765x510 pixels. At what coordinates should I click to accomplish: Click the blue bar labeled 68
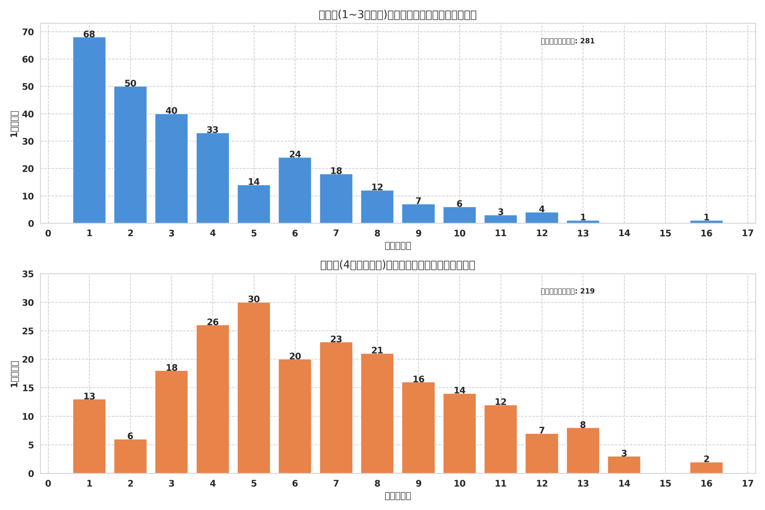pos(89,130)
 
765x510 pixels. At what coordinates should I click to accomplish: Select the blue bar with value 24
pos(295,190)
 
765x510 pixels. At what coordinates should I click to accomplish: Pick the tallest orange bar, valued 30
pos(254,388)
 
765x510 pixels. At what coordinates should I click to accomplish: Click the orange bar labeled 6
pos(130,456)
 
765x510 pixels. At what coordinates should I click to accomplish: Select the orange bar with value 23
pos(336,408)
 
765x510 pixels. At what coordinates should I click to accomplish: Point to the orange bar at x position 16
pos(706,468)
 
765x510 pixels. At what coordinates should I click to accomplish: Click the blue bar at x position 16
pos(706,222)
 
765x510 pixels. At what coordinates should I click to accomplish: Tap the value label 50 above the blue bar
pos(130,84)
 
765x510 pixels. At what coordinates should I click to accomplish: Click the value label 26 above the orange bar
pos(212,322)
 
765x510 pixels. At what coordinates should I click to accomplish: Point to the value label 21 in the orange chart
pos(377,350)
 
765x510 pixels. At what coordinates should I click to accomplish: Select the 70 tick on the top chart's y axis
pos(28,32)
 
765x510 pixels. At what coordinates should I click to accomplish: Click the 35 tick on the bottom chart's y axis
pos(28,274)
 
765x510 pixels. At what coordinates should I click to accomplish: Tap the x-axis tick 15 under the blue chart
pos(665,233)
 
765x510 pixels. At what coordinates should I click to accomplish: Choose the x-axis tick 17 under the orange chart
pos(747,483)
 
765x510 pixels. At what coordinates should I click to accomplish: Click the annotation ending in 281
pos(567,41)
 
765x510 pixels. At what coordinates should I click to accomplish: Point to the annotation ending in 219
pos(567,291)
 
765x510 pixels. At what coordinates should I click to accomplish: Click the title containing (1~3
pos(397,15)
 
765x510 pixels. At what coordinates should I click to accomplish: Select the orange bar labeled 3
pos(624,465)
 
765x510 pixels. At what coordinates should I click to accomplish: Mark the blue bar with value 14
pos(254,204)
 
